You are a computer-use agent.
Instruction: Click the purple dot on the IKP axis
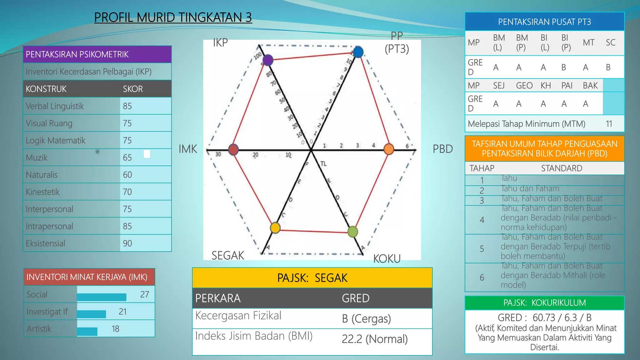point(268,60)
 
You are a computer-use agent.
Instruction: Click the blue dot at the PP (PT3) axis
point(358,52)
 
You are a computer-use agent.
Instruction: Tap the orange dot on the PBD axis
point(388,149)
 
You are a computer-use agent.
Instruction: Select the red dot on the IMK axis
point(233,150)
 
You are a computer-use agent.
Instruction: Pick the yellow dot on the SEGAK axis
point(275,227)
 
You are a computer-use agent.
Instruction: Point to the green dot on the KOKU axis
point(352,232)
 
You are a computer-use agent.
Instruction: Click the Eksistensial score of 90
point(127,243)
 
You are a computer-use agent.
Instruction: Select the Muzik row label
point(37,157)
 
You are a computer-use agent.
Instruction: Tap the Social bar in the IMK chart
point(102,297)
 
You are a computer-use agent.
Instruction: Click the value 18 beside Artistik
point(116,329)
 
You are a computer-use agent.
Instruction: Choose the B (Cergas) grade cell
point(366,319)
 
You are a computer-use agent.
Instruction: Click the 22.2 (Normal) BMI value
point(374,339)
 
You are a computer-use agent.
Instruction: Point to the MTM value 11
point(609,124)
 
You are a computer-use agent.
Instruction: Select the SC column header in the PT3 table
point(610,42)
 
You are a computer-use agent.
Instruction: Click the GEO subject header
point(524,86)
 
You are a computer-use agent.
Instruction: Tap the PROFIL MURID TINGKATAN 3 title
point(173,17)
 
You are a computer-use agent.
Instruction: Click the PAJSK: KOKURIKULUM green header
point(544,303)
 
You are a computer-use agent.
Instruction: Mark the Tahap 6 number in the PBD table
point(482,277)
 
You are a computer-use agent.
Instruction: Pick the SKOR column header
point(133,89)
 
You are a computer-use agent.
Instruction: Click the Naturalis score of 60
point(127,175)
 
